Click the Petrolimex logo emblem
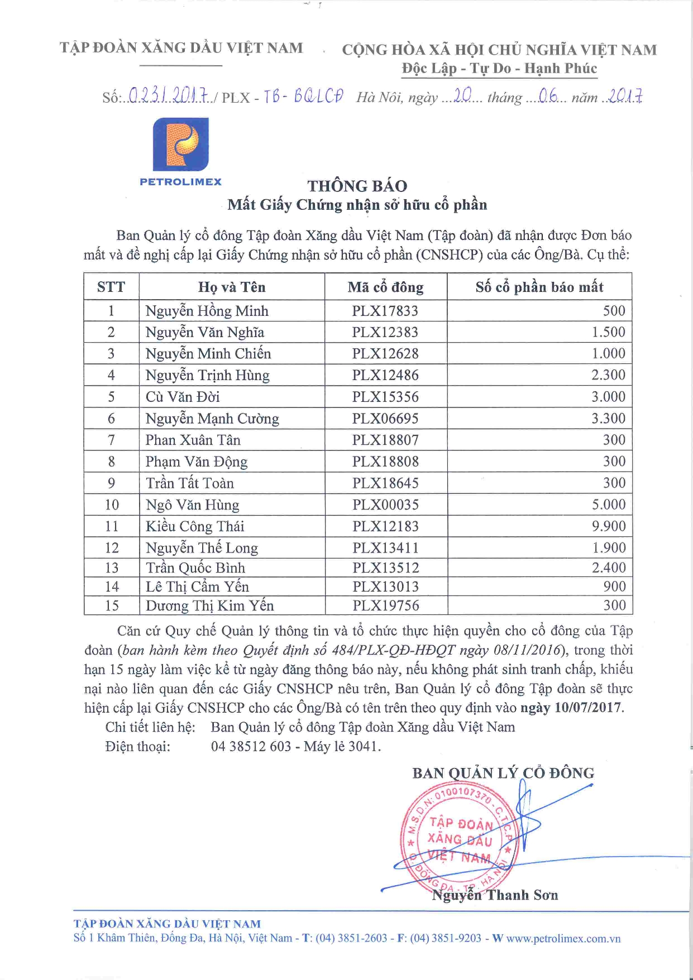point(181,144)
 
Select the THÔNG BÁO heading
point(357,186)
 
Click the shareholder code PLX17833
point(385,311)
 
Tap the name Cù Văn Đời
point(183,397)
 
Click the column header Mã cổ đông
point(385,287)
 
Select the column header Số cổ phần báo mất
point(539,287)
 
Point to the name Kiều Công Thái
point(195,526)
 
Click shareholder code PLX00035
point(385,505)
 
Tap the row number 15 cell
point(112,606)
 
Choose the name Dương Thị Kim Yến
point(210,606)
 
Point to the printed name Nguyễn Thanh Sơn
point(495,895)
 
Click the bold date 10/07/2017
point(587,708)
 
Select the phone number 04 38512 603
point(251,746)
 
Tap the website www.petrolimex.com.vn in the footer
point(563,939)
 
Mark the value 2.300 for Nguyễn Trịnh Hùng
point(609,375)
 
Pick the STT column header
point(111,287)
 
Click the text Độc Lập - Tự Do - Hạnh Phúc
point(499,69)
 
